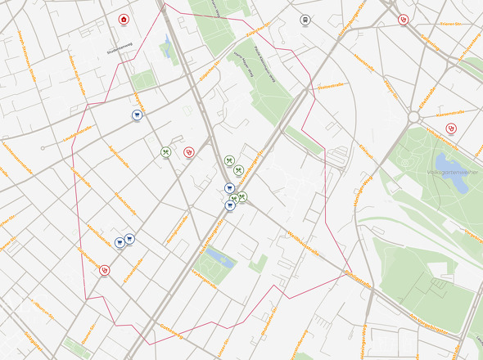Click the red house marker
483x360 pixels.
(124, 20)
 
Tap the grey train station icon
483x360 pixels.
(305, 20)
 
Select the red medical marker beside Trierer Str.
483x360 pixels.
(404, 20)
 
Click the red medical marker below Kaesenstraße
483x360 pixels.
(450, 128)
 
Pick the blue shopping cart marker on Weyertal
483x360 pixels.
(137, 115)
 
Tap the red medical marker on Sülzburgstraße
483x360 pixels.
(104, 269)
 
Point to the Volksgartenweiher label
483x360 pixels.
(445, 173)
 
